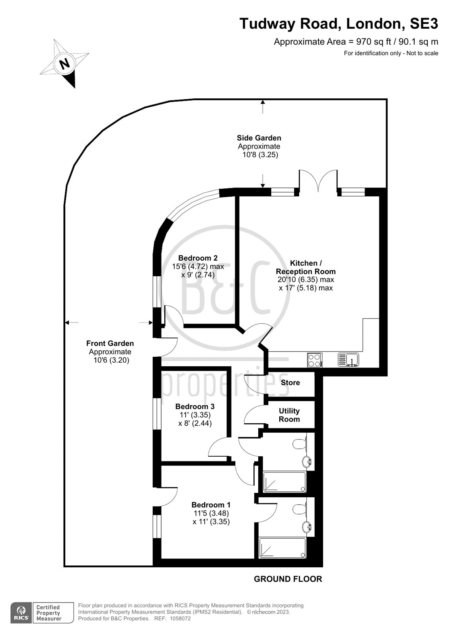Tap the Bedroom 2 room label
(x=198, y=258)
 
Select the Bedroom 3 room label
(x=195, y=406)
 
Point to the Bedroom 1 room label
(x=211, y=505)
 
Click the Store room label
(x=290, y=383)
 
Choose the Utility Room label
(x=289, y=415)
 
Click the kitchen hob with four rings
(x=315, y=360)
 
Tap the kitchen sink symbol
(x=348, y=360)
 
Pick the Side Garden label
(x=259, y=138)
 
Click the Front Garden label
(x=110, y=343)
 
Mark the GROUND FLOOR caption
(x=288, y=579)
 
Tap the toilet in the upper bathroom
(x=299, y=444)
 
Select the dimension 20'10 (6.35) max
(x=306, y=279)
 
